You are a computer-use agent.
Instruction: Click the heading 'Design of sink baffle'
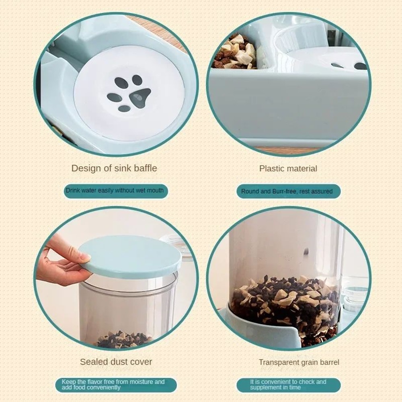point(114,168)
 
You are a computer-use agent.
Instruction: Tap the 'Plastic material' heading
point(288,168)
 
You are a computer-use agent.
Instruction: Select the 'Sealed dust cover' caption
point(116,362)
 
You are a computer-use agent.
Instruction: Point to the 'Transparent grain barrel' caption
point(299,362)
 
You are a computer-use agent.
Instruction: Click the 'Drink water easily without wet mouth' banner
point(115,191)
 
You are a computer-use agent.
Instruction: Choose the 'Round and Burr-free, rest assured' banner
point(287,191)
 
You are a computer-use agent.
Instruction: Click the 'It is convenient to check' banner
point(288,385)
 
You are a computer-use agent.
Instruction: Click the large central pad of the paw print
point(139,97)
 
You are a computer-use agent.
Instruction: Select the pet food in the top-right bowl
point(235,52)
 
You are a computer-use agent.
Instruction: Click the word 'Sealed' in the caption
point(94,362)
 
